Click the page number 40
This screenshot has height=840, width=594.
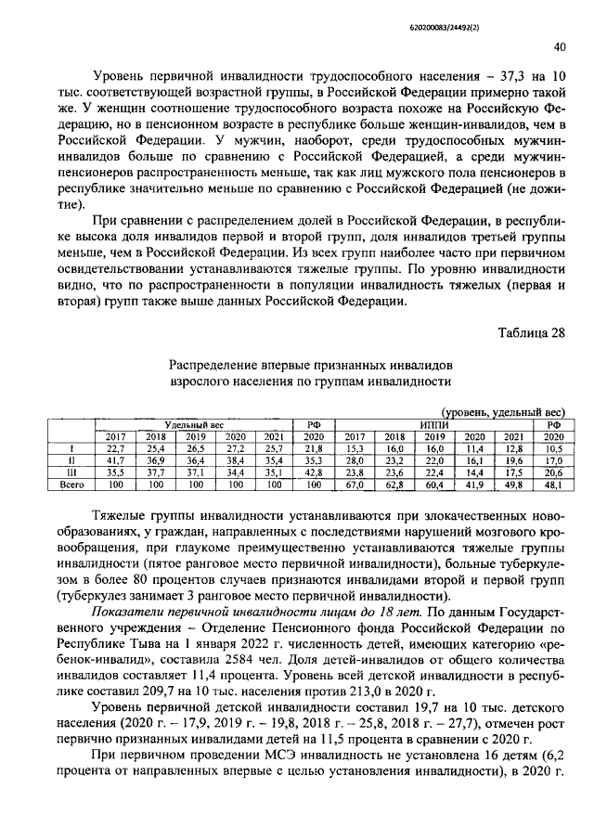point(560,47)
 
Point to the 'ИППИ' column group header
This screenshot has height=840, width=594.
point(433,423)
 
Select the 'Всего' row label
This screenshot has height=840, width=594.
point(71,484)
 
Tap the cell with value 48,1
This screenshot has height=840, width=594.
point(553,484)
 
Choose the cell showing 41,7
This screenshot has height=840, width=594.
point(114,459)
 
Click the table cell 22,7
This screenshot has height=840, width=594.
point(114,447)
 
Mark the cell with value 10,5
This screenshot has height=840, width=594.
point(553,447)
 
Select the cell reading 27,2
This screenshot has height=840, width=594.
point(235,447)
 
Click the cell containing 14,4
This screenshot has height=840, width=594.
point(474,472)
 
